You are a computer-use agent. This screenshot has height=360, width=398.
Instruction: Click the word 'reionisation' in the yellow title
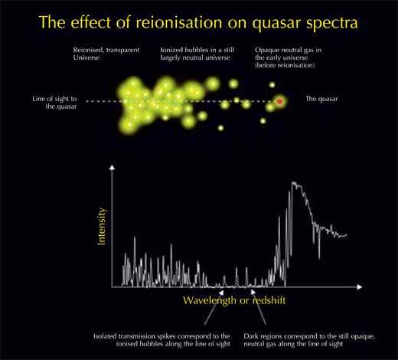tap(178, 22)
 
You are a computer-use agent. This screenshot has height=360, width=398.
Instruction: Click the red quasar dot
tap(280, 101)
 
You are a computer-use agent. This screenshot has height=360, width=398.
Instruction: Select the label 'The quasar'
tap(321, 99)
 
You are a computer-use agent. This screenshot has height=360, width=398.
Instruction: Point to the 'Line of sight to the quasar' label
tap(54, 103)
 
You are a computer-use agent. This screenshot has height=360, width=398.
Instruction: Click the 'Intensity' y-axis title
tap(101, 227)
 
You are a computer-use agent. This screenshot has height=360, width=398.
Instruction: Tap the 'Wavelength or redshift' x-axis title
tap(234, 300)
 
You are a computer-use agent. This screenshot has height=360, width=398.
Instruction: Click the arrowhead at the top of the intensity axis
tap(112, 167)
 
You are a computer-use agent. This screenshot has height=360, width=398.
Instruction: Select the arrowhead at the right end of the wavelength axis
tap(360, 287)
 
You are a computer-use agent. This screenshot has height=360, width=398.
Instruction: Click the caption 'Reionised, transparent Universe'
tap(106, 54)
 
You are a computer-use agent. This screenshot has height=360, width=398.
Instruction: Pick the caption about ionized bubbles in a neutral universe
tap(197, 54)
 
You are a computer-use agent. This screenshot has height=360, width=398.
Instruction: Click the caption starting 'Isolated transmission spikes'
tap(161, 340)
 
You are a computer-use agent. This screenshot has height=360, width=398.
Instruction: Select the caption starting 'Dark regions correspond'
tap(309, 340)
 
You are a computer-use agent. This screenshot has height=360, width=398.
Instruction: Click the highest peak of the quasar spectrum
tap(293, 182)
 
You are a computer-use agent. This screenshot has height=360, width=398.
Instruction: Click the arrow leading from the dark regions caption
tap(258, 307)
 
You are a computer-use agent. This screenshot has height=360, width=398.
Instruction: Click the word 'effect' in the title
tap(90, 22)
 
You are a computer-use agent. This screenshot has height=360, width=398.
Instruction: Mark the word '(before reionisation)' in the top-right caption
tap(285, 65)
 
